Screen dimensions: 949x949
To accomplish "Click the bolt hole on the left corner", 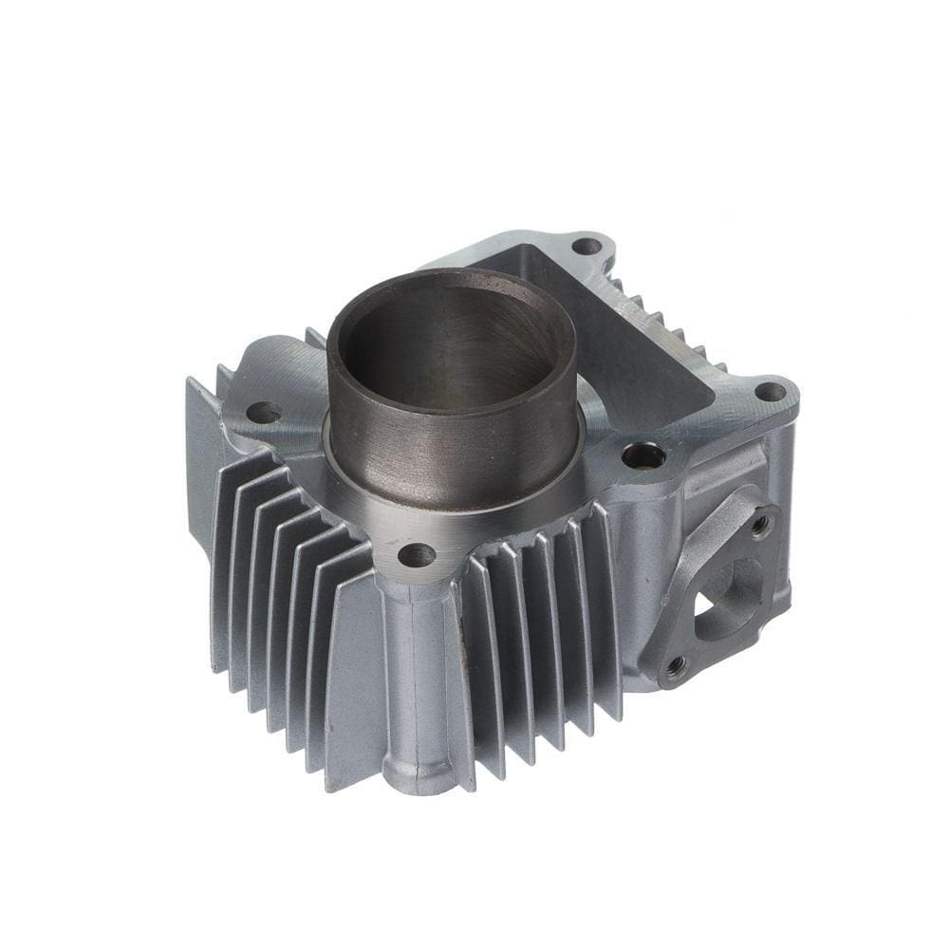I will pos(263,412).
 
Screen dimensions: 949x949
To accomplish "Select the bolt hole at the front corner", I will pos(416,554).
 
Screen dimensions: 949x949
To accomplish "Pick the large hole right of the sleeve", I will pos(643,456).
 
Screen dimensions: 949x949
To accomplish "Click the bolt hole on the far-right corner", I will pos(770,391).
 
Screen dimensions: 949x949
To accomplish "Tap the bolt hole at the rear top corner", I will pos(586,247).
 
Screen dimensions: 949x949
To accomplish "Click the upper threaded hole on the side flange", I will pos(761,523).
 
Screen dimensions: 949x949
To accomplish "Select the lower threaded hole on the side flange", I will pos(676,667).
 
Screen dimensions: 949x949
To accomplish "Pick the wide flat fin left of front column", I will pos(351,683).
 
